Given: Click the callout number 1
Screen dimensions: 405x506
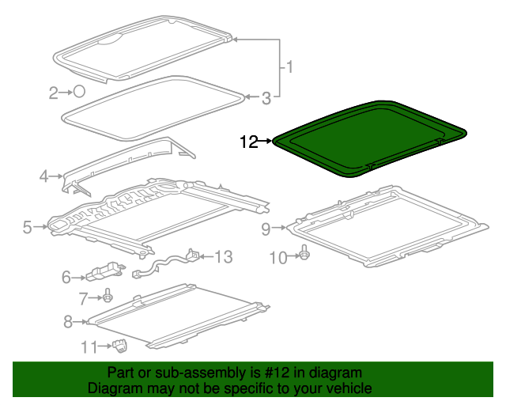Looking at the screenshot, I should tap(289, 67).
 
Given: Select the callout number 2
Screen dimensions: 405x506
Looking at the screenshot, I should tap(54, 93).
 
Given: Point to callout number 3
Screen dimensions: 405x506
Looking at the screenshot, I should tap(266, 98).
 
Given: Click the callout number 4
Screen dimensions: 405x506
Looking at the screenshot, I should tap(44, 176).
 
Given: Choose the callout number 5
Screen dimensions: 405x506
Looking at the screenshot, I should tap(28, 228).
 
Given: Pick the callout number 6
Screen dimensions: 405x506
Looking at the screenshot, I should tap(66, 277).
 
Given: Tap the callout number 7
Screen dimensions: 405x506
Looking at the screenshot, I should tap(83, 297).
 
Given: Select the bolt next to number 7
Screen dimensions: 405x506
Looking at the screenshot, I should tap(107, 297).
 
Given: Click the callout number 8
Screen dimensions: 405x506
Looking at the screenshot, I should tap(67, 321).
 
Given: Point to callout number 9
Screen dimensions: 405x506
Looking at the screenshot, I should tap(266, 229).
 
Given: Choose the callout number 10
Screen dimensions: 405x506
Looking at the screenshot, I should tap(278, 256).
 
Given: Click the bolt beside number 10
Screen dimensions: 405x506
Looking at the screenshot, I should tap(305, 255).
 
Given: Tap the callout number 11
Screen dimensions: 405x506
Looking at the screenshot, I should tap(89, 346).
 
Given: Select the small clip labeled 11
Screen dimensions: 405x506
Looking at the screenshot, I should tap(121, 344).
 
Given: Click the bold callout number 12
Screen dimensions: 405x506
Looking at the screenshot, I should tap(249, 142).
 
